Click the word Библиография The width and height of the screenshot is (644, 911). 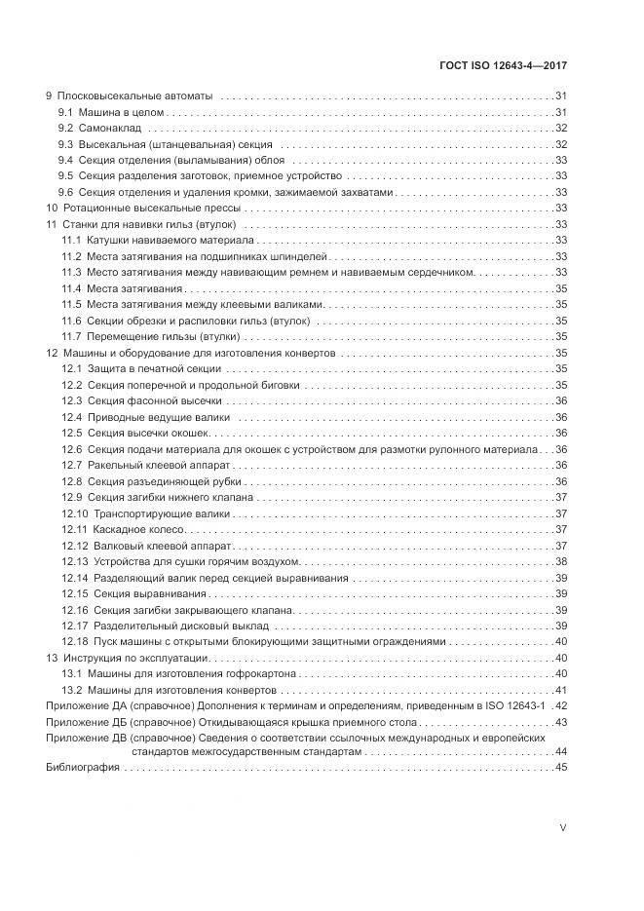click(82, 769)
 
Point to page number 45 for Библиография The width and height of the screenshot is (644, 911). click(561, 769)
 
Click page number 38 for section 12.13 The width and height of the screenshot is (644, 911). click(561, 561)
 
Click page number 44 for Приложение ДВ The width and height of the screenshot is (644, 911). click(561, 752)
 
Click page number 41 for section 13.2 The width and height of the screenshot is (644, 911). click(561, 689)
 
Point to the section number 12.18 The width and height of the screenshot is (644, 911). click(75, 641)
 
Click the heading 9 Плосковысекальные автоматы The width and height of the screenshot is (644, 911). click(131, 96)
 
